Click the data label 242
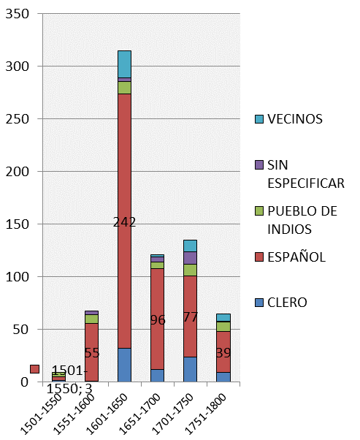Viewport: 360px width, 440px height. (x=125, y=222)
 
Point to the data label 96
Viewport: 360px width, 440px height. (x=158, y=320)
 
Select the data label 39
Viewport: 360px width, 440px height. (x=223, y=353)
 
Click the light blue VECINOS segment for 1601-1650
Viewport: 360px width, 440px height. (x=125, y=64)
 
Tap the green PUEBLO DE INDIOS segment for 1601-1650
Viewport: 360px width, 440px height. (x=125, y=88)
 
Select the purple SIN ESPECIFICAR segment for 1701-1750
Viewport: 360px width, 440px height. (x=191, y=258)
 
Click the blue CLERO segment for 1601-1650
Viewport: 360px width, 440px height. (x=125, y=365)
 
